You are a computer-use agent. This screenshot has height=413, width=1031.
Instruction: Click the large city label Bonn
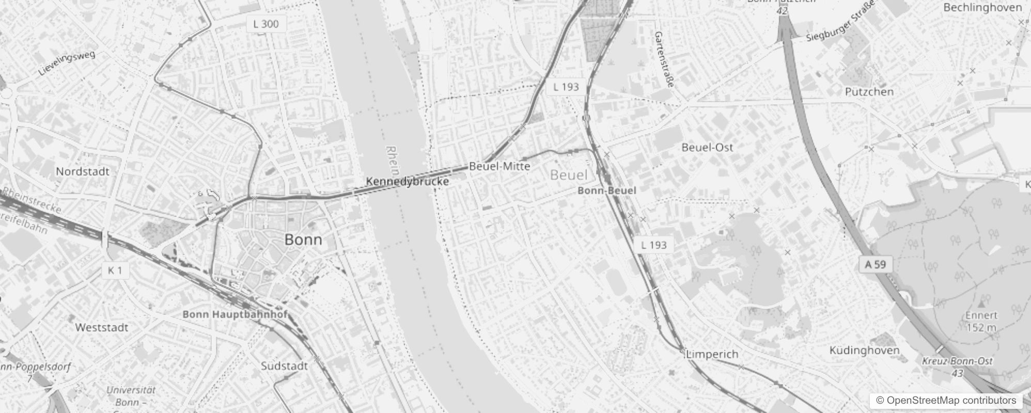tap(303, 240)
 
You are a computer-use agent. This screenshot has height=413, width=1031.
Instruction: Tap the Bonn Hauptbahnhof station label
tap(235, 314)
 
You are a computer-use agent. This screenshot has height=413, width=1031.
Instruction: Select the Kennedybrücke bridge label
tap(407, 181)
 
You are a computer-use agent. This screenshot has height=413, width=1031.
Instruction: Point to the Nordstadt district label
tap(83, 171)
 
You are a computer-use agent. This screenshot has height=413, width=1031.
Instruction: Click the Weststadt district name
tap(101, 327)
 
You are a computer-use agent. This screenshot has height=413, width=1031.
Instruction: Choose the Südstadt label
tap(284, 366)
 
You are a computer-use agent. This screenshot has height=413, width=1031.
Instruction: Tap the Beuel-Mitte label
tap(499, 166)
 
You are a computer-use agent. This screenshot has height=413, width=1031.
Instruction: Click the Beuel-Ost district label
tap(707, 147)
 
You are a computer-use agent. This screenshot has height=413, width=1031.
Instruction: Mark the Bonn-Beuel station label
tap(607, 190)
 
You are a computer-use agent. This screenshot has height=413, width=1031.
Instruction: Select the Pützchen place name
tap(869, 92)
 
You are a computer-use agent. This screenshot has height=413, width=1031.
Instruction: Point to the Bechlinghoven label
tap(982, 8)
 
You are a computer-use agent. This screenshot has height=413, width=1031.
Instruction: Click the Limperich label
tap(712, 354)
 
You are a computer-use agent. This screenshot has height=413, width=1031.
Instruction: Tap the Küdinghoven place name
tap(864, 351)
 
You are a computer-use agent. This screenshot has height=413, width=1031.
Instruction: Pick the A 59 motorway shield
tap(875, 265)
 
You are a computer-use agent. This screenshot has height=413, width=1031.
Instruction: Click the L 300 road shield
tap(266, 24)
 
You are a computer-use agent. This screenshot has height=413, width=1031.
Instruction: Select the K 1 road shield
tap(115, 270)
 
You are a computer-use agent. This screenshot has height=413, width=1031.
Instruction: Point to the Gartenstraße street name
tap(664, 59)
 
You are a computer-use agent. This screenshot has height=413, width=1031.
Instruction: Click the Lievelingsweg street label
tap(67, 63)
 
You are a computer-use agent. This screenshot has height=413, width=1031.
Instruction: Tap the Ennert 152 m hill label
tap(981, 321)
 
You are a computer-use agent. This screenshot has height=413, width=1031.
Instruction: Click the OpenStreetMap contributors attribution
tap(951, 401)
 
